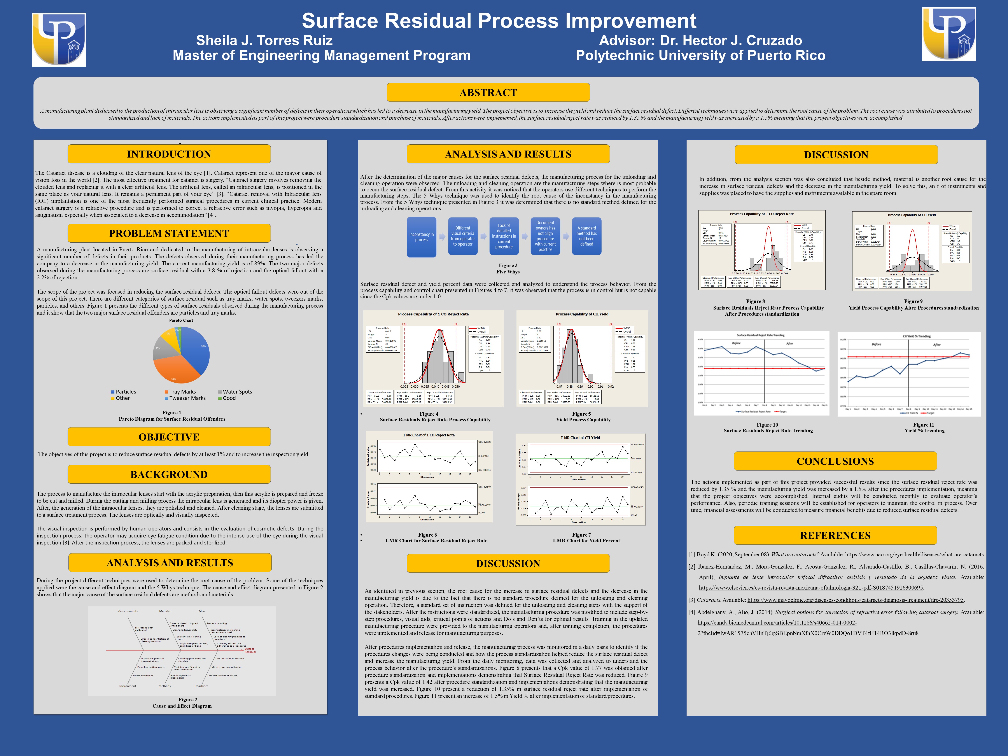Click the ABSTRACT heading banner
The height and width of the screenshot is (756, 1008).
point(488,93)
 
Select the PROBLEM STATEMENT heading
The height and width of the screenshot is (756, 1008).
point(169,233)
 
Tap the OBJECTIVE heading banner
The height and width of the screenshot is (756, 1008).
point(169,437)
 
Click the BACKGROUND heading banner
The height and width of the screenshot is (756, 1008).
point(169,474)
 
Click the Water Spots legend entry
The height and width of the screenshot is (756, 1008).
point(235,392)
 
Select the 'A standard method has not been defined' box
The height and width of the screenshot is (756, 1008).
point(586,236)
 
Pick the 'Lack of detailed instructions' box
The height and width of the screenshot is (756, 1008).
point(504,236)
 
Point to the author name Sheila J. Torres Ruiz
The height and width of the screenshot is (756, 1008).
point(264,40)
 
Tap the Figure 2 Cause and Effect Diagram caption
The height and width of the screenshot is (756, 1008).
point(182,703)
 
